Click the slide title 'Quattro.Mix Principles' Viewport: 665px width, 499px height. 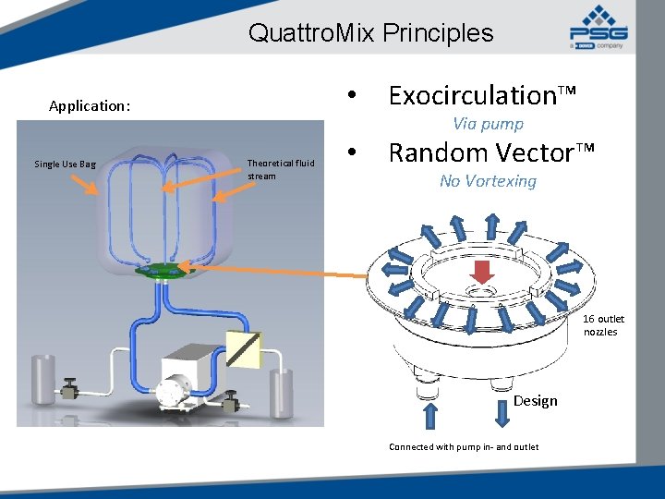[x=370, y=33]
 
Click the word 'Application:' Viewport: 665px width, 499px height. [x=90, y=105]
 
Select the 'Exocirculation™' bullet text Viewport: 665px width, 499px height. [x=482, y=95]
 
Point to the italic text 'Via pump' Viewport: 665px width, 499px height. [x=488, y=124]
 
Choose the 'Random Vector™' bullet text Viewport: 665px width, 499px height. [x=491, y=152]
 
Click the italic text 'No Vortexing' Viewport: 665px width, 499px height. [x=488, y=181]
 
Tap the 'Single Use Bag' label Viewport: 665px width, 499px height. [x=65, y=164]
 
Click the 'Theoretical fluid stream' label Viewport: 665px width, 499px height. [x=280, y=169]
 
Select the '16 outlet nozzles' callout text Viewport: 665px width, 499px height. [x=603, y=325]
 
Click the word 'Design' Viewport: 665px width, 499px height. [x=536, y=400]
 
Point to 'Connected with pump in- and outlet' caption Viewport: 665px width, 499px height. [x=464, y=447]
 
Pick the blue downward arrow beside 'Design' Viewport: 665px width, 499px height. [x=502, y=412]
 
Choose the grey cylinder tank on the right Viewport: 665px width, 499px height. [x=279, y=392]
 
